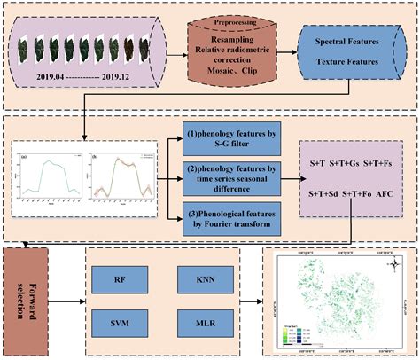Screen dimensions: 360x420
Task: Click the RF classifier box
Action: [120, 278]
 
